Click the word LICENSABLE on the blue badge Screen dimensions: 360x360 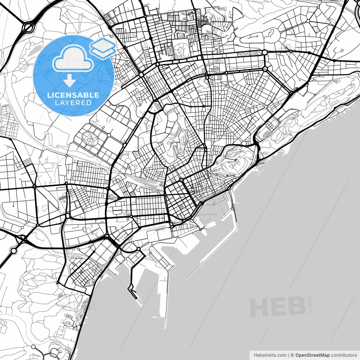(73, 95)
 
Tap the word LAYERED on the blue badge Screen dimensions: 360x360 (73, 103)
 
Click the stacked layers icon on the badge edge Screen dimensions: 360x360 (103, 46)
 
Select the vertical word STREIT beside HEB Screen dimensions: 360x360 (310, 304)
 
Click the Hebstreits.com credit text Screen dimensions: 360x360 (270, 355)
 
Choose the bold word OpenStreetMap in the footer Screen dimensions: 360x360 (312, 355)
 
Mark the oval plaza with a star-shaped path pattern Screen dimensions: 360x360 (90, 138)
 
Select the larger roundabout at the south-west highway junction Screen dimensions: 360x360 (13, 250)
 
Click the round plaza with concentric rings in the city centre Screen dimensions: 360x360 (181, 180)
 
